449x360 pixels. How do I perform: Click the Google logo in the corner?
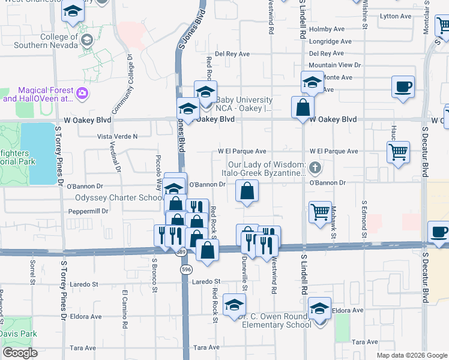[20, 353]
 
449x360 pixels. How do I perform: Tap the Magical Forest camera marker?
[82, 94]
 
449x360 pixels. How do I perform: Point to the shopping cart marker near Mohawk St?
[320, 212]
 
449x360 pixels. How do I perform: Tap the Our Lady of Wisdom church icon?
[313, 166]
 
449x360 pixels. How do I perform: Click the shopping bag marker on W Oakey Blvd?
[303, 107]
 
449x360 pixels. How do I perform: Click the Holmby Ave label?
[327, 29]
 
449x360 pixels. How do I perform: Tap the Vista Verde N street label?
[117, 136]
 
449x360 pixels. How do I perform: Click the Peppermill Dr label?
[88, 211]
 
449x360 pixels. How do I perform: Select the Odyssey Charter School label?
[118, 197]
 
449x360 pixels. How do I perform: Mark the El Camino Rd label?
[125, 309]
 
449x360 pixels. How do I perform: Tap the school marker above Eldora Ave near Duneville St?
[234, 304]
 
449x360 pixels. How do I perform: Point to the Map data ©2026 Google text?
[411, 355]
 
